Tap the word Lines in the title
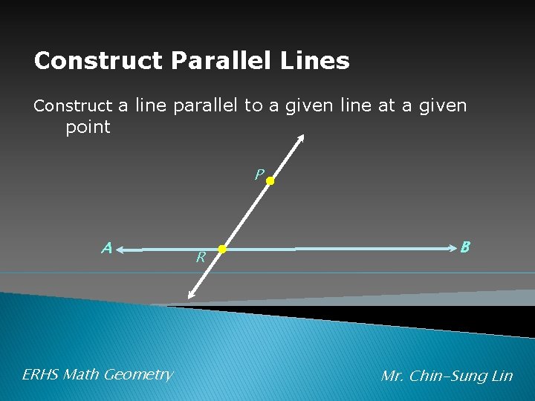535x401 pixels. pyautogui.click(x=319, y=61)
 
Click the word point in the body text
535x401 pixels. pyautogui.click(x=88, y=127)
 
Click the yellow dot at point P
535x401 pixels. pyautogui.click(x=270, y=180)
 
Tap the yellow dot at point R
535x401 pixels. pyautogui.click(x=221, y=249)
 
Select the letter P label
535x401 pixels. pyautogui.click(x=258, y=175)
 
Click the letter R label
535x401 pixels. pyautogui.click(x=200, y=258)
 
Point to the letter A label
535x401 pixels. pyautogui.click(x=107, y=248)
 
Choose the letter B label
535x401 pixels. pyautogui.click(x=465, y=247)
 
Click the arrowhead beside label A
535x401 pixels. pyautogui.click(x=122, y=251)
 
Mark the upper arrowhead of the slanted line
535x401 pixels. pyautogui.click(x=302, y=138)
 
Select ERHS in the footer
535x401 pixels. pyautogui.click(x=41, y=374)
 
